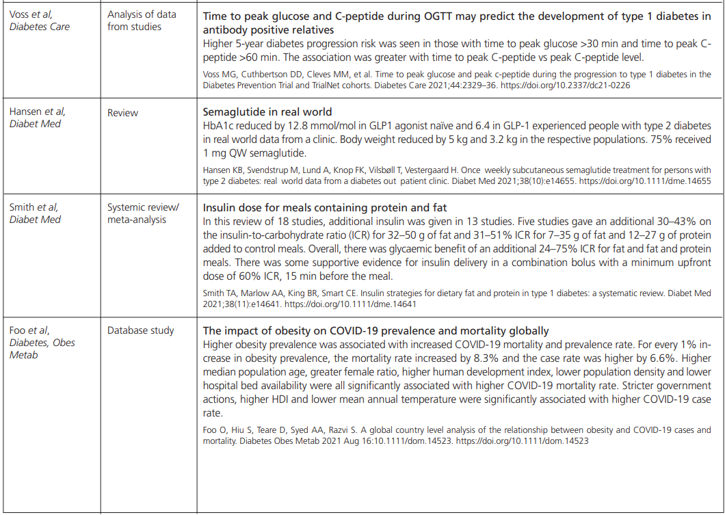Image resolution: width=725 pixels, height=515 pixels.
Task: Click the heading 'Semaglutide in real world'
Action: click(267, 112)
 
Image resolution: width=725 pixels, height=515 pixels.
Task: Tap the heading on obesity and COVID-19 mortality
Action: click(375, 331)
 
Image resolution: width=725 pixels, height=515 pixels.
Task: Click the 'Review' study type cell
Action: click(122, 113)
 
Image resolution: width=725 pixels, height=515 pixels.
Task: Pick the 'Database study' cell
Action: click(140, 330)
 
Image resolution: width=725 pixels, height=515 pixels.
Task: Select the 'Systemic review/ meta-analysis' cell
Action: click(143, 213)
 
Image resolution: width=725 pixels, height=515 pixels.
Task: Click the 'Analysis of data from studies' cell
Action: click(142, 21)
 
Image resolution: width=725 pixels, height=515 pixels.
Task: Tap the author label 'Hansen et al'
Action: click(38, 111)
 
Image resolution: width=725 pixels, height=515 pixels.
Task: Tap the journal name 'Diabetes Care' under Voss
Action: click(40, 27)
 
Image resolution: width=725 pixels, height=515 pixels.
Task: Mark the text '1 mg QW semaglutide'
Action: click(250, 153)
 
